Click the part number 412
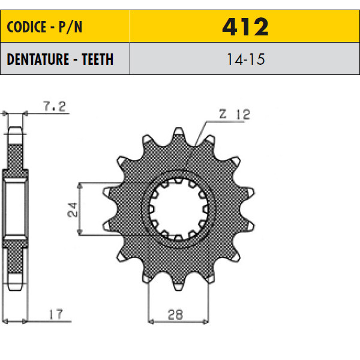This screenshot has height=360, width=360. point(245,26)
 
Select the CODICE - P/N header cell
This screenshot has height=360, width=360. point(65,26)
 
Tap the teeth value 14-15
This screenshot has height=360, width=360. point(245,59)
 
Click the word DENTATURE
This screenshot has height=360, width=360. point(38,59)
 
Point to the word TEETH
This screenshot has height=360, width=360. point(98,59)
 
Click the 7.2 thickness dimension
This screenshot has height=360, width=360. point(55,106)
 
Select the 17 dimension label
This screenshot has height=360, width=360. point(56,314)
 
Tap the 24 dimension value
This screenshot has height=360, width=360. point(73,209)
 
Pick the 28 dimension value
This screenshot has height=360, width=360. point(175,315)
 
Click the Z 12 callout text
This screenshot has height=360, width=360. point(235,115)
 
